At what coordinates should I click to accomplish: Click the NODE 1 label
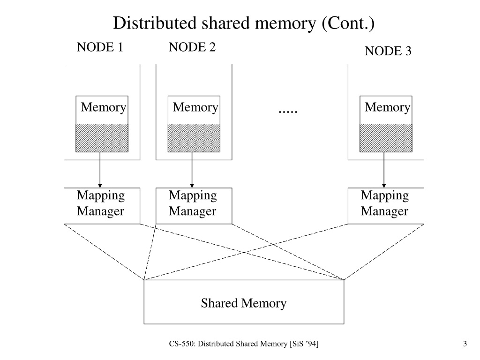[x=100, y=47]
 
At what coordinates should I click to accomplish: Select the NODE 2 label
[x=192, y=47]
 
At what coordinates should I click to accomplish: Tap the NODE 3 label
[x=388, y=51]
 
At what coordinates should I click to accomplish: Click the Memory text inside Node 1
[x=104, y=108]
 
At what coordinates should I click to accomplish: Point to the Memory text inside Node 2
[x=195, y=108]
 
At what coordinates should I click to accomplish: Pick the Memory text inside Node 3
[x=387, y=108]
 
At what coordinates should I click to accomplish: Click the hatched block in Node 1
[x=102, y=138]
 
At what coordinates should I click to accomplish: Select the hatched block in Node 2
[x=194, y=138]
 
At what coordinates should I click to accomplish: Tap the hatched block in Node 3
[x=386, y=138]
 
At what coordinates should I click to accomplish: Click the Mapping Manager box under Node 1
[x=102, y=206]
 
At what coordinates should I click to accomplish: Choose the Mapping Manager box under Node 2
[x=194, y=206]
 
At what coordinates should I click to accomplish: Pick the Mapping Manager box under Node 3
[x=386, y=206]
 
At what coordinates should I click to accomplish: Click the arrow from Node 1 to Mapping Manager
[x=100, y=170]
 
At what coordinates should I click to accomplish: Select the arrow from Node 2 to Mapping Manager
[x=192, y=170]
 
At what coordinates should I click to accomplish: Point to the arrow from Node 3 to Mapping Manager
[x=384, y=170]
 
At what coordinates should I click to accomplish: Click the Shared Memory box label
[x=244, y=303]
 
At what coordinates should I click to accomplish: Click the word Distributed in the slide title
[x=155, y=23]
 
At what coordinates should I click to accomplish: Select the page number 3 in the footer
[x=465, y=344]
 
